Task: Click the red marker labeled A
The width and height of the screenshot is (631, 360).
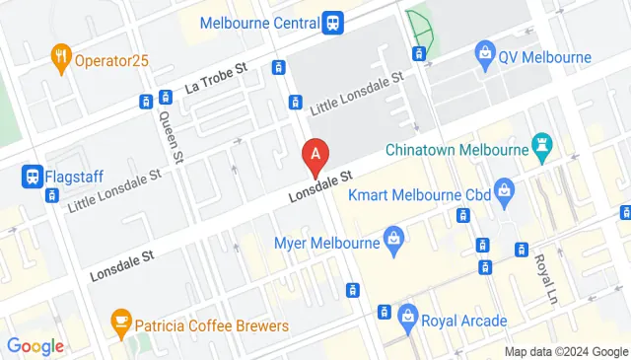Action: [x=315, y=155]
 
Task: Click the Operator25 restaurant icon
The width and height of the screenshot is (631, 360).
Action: [x=61, y=58]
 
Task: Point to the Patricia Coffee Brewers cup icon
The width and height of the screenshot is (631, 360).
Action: [x=121, y=323]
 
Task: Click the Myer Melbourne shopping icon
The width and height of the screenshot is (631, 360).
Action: [x=393, y=238]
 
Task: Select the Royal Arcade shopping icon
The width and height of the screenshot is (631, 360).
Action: [x=407, y=318]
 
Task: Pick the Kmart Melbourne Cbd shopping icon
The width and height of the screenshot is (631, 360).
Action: [x=505, y=187]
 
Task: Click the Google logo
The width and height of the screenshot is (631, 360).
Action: [x=35, y=345]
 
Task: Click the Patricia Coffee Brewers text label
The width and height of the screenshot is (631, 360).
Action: [x=212, y=325]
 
